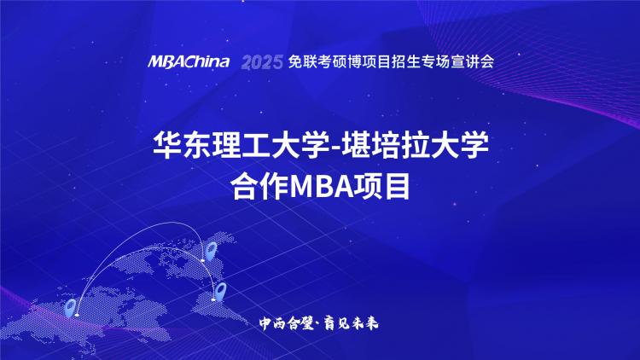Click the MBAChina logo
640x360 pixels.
[x=189, y=61]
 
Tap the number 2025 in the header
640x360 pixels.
[x=262, y=62]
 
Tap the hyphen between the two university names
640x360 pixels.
[x=335, y=147]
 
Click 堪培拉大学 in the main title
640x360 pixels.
[x=414, y=144]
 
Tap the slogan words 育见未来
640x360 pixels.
[x=351, y=323]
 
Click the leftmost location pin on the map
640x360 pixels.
[x=71, y=308]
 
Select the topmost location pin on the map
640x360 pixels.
[x=211, y=250]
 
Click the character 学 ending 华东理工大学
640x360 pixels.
[x=315, y=144]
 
